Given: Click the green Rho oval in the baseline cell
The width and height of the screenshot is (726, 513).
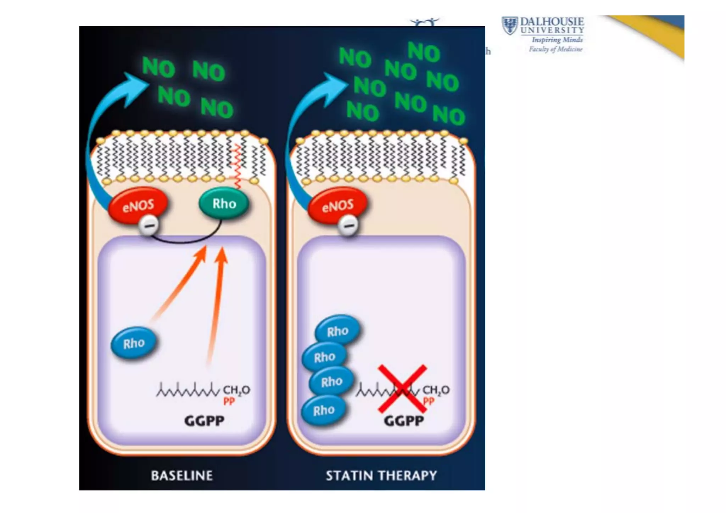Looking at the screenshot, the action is click(x=224, y=204).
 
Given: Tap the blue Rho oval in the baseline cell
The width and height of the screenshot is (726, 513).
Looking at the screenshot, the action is click(x=134, y=343).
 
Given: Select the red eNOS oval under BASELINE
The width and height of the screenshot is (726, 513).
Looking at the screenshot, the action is click(x=138, y=206).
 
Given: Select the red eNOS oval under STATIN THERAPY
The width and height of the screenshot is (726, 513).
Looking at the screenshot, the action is click(x=337, y=206).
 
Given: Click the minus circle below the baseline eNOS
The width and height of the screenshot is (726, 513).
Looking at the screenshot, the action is click(x=149, y=225).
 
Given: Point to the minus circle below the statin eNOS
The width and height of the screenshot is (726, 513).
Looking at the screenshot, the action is click(x=348, y=225).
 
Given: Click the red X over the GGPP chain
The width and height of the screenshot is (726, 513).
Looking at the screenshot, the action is click(x=402, y=389).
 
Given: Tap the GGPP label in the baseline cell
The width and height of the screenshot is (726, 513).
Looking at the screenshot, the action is click(x=204, y=421).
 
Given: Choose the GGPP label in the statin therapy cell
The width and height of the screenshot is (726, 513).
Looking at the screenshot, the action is click(x=404, y=421).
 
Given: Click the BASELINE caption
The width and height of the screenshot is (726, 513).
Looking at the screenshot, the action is click(x=182, y=475).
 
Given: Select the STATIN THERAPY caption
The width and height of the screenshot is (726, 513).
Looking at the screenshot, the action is click(x=381, y=475).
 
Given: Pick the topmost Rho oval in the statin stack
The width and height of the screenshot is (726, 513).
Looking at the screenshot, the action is click(x=337, y=331).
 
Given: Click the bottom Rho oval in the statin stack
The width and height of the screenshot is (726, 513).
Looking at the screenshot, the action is click(x=324, y=411).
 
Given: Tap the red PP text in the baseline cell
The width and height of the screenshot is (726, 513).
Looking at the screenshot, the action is click(x=229, y=401).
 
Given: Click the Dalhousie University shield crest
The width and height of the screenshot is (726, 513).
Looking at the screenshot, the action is click(x=510, y=26).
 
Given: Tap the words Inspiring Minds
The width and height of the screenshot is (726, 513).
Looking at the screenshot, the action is click(x=557, y=40).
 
